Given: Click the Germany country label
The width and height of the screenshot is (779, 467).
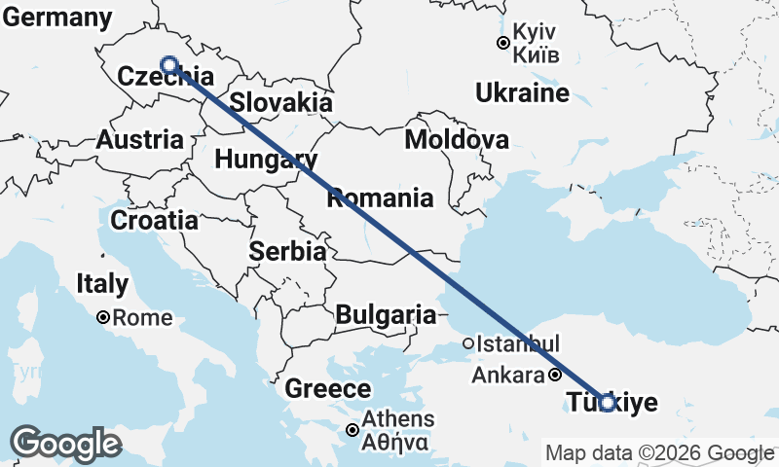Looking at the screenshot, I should pos(56,17).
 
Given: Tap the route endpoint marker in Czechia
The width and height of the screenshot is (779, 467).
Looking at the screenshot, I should pos(168,65).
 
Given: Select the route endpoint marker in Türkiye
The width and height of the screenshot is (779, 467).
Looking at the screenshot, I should pos(608,402).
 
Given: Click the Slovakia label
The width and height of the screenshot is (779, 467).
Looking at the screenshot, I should pos(281,102).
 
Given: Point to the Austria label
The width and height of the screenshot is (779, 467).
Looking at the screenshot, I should pos(140,139).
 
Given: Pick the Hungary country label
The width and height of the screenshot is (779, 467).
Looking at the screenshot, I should pos(266,159).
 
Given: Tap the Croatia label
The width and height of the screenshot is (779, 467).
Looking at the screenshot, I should pos(154,220).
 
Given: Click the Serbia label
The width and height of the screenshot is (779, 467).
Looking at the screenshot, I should pos(286,251).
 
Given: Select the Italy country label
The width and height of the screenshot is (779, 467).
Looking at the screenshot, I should pos(101,284).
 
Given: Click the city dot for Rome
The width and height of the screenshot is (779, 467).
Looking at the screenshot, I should pos(103,317).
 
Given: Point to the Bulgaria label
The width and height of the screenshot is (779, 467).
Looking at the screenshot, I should pos(386,314).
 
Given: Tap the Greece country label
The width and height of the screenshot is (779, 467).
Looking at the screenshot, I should pos(327,389).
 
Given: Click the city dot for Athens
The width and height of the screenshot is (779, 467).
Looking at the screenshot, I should pos(353,430).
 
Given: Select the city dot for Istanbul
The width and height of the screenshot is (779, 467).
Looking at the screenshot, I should pos(468,342).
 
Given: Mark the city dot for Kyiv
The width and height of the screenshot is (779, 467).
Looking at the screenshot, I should pos(502,43).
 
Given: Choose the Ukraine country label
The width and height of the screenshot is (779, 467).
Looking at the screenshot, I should pos(523,93).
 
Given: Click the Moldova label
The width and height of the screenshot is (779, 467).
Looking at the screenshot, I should pos(456,139).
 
